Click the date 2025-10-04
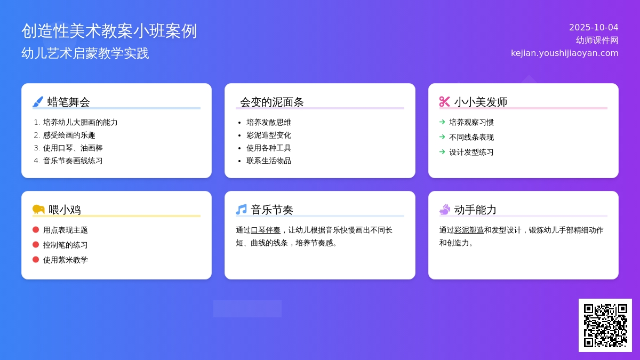[594, 27]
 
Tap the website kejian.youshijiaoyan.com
[565, 53]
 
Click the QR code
[605, 325]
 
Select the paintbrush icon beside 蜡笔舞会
[38, 102]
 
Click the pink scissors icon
[445, 102]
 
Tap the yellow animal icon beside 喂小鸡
[38, 210]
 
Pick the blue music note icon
[242, 210]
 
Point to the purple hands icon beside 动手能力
[445, 210]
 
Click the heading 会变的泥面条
[271, 102]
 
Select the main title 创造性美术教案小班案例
[109, 31]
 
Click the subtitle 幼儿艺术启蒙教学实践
[85, 53]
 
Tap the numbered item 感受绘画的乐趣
[69, 135]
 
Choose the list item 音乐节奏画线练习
[73, 161]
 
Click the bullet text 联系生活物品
[269, 161]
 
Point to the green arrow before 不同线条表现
[442, 137]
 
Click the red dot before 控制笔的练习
[36, 245]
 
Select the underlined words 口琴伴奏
[266, 230]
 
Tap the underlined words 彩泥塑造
[469, 230]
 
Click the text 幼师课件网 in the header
[597, 41]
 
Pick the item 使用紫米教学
[66, 260]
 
